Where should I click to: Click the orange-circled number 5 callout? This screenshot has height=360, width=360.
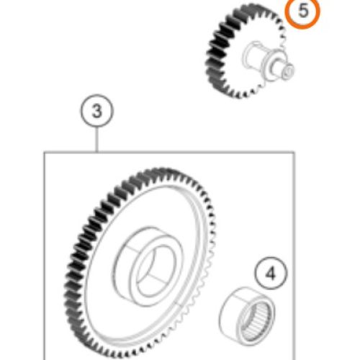[x=302, y=12]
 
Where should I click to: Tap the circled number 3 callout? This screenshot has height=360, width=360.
[x=96, y=111]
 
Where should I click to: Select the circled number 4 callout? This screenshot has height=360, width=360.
[x=271, y=274]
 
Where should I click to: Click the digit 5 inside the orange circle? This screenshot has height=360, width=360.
[x=303, y=11]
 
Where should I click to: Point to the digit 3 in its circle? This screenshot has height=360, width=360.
[x=97, y=111]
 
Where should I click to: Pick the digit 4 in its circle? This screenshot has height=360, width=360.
[x=271, y=274]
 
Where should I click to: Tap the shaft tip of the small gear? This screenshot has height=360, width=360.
[x=287, y=71]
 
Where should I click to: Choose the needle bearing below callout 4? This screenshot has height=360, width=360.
[x=247, y=315]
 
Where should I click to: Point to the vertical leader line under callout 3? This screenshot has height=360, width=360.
[x=96, y=140]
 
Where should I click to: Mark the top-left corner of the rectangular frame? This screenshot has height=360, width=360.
[x=45, y=152]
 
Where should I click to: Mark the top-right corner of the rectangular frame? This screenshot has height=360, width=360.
[x=294, y=152]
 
